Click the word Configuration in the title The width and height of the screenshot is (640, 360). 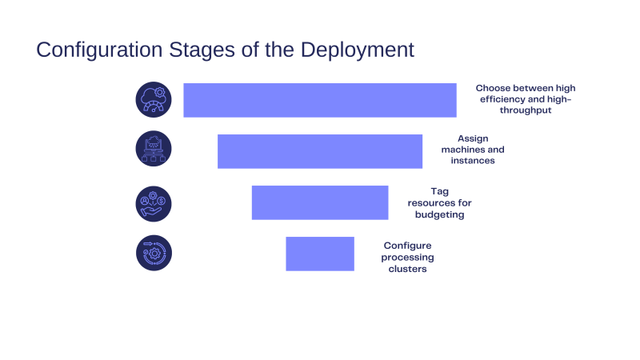[99, 50]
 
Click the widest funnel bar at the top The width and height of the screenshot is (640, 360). [320, 101]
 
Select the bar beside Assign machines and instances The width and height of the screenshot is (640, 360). [320, 151]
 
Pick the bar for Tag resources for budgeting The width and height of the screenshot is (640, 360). [320, 203]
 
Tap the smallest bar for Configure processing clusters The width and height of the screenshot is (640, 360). [320, 254]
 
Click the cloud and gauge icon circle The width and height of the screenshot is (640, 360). [154, 99]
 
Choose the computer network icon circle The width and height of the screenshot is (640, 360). [154, 149]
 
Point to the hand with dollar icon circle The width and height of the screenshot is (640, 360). [154, 204]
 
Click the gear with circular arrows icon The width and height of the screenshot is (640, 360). [154, 253]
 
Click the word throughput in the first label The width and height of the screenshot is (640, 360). [526, 110]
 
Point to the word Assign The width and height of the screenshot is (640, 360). [473, 139]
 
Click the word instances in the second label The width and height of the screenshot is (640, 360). [473, 161]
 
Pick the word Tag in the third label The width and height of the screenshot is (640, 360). [439, 192]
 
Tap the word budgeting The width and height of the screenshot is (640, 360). [439, 214]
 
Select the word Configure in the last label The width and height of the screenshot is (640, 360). [407, 246]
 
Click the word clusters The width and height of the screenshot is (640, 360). [407, 269]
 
